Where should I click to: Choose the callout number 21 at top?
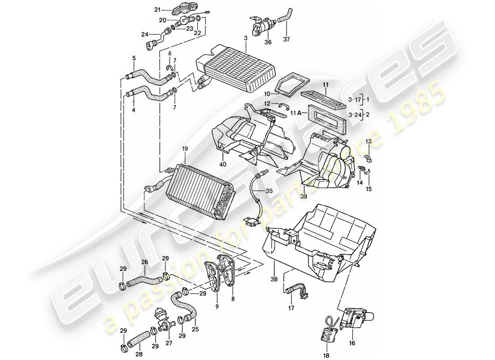[x=157, y=9]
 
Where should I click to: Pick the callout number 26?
[x=144, y=261]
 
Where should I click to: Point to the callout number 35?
[x=269, y=191]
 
